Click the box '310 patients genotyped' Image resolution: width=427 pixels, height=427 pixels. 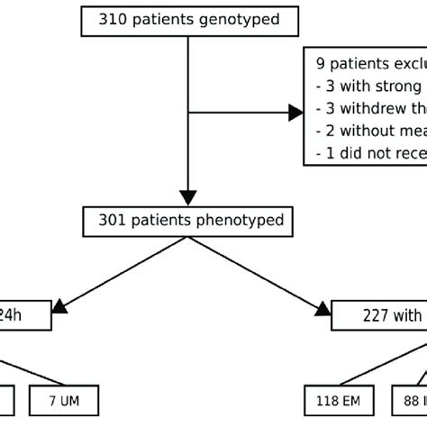pyautogui.click(x=186, y=18)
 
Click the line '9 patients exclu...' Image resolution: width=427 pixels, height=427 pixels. pyautogui.click(x=369, y=65)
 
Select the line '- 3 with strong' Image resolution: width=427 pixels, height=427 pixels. pyautogui.click(x=369, y=86)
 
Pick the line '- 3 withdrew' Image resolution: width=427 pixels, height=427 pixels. pyautogui.click(x=369, y=109)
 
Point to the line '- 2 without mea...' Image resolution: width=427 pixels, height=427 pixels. pyautogui.click(x=369, y=132)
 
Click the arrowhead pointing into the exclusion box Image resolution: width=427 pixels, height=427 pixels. pyautogui.click(x=295, y=112)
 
